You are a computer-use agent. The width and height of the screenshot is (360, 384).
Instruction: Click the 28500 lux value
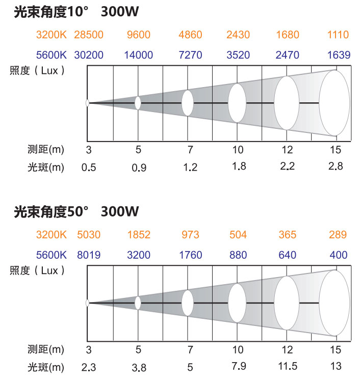[89, 35]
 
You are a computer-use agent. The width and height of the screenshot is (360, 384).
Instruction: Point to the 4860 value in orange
[190, 35]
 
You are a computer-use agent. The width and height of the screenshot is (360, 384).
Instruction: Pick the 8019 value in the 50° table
[89, 255]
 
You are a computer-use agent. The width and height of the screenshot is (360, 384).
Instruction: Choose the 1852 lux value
[139, 235]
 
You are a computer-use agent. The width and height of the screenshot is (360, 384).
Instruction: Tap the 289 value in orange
[338, 235]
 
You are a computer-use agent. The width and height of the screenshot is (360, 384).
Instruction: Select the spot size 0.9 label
[139, 168]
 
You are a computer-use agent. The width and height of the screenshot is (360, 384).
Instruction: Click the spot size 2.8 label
[336, 166]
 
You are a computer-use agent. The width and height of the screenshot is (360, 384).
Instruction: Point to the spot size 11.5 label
[288, 366]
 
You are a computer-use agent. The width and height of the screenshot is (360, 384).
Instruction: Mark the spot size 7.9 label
[238, 366]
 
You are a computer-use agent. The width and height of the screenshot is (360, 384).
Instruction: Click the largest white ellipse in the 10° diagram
[335, 103]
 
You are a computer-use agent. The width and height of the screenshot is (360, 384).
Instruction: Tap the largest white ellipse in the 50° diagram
[335, 303]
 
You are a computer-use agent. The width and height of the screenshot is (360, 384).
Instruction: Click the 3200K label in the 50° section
[51, 235]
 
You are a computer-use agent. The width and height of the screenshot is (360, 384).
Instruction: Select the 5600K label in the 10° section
[51, 54]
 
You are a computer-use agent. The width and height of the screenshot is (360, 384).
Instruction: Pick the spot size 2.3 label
[89, 367]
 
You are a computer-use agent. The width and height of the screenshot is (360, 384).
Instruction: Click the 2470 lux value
[288, 54]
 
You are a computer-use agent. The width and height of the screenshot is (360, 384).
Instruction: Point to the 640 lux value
[288, 255]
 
